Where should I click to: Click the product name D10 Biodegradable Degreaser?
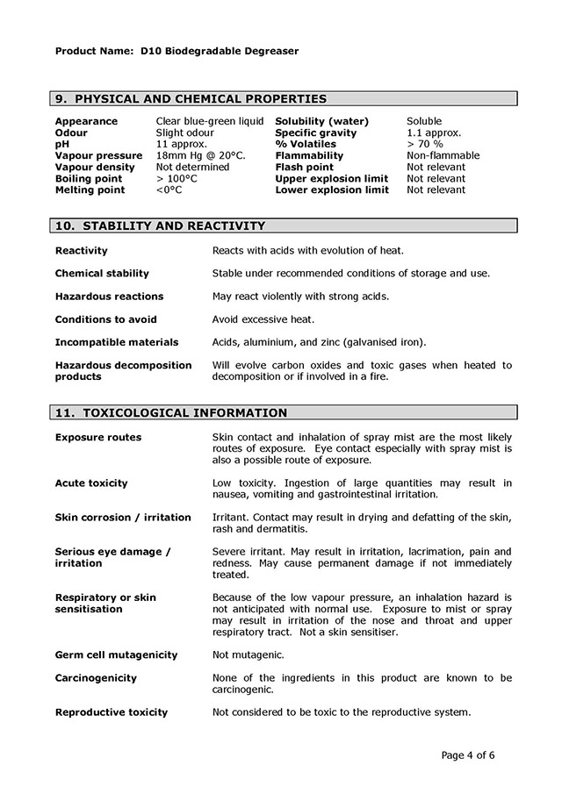pos(220,51)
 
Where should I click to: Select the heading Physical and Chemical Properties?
pos(191,99)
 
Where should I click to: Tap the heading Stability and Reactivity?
pos(160,225)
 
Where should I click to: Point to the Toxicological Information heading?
pos(170,412)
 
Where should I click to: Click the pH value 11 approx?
pos(182,144)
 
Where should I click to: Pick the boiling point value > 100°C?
pos(177,178)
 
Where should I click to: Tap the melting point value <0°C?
pos(169,190)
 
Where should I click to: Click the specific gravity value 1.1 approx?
pos(434,132)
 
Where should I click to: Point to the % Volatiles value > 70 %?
pos(425,144)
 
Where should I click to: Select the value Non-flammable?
pos(443,155)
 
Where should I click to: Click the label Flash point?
pos(304,167)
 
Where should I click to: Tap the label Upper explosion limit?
pos(331,178)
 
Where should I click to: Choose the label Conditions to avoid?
pos(105,319)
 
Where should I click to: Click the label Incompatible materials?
pos(116,342)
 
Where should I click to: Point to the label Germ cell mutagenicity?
pos(116,655)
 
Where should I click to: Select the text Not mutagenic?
pos(248,655)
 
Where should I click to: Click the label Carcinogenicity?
pos(96,677)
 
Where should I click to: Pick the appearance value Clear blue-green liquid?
pos(210,121)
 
